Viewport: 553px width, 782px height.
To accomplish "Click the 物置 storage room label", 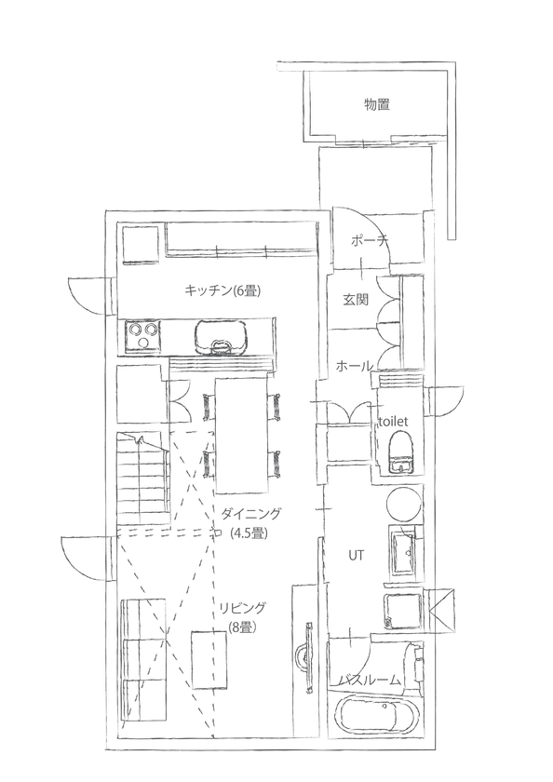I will [x=376, y=104].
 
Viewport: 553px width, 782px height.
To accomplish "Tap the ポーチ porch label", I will [x=370, y=241].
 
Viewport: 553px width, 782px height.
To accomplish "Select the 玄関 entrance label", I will [x=356, y=300].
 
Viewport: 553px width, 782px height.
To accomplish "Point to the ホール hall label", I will [x=355, y=365].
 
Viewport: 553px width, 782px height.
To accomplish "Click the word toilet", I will [x=394, y=421].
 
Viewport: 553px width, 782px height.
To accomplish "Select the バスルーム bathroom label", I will [x=370, y=681].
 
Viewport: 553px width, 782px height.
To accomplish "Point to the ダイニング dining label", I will [x=251, y=513].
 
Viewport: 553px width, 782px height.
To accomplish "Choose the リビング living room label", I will [x=242, y=608].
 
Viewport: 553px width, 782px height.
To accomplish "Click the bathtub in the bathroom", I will [x=378, y=724].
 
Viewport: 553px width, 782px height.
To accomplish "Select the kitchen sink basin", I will [x=221, y=336].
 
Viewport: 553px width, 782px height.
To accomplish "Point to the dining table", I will [x=242, y=435].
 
